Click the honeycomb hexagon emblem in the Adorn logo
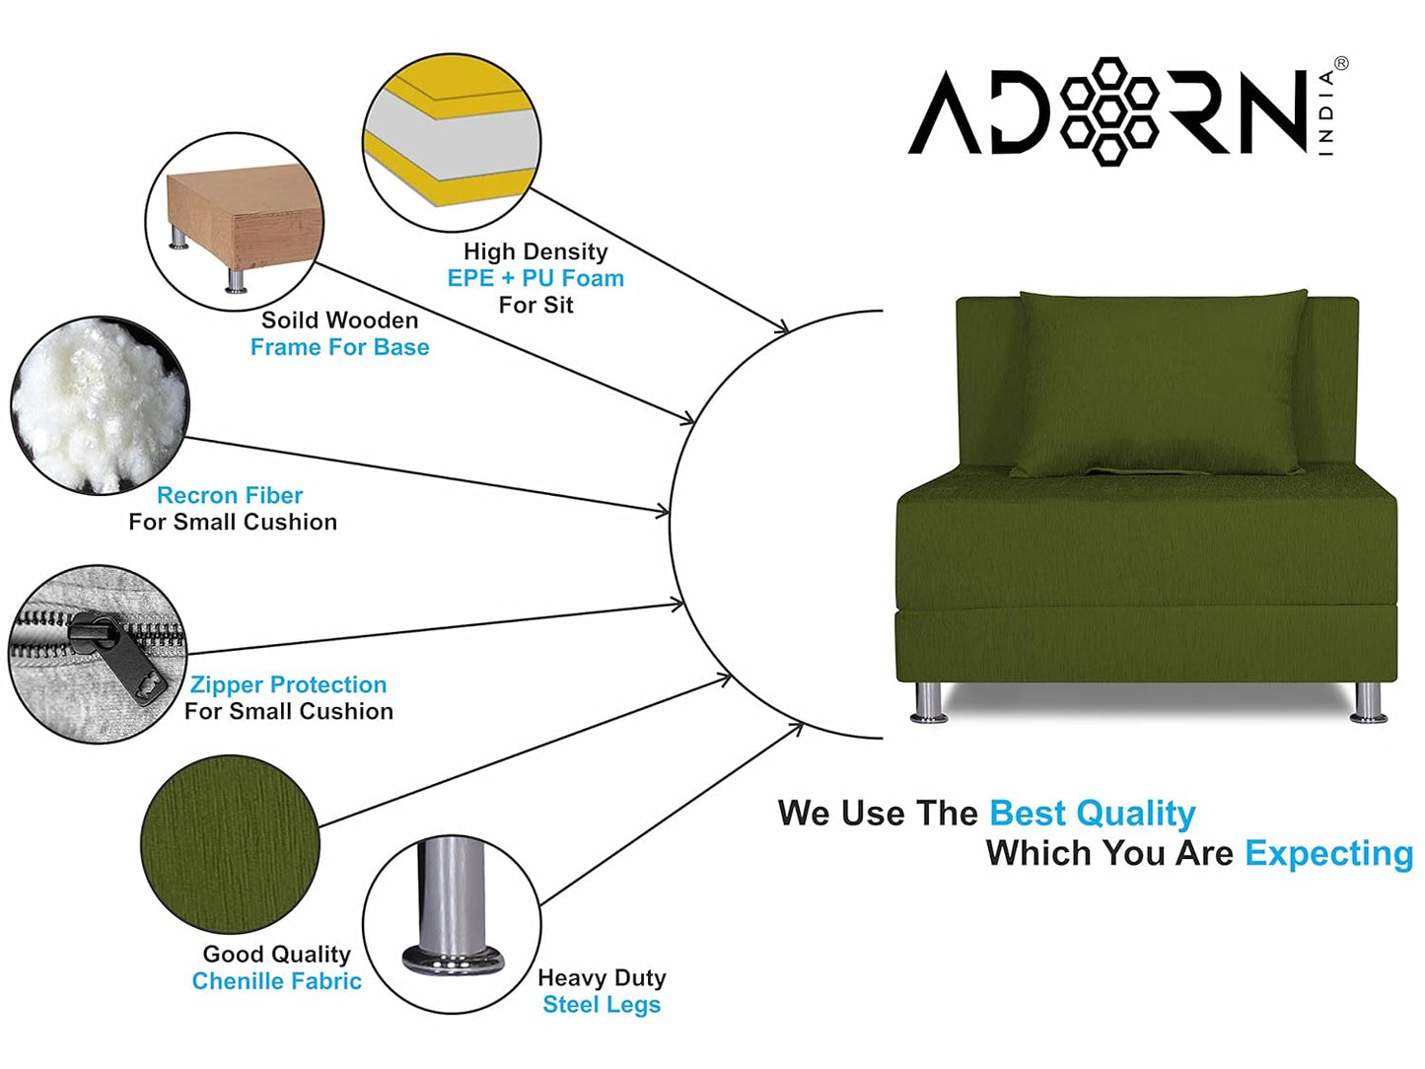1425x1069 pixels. [1109, 110]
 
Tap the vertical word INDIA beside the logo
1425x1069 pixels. [1326, 112]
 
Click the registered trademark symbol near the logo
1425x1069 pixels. [1341, 64]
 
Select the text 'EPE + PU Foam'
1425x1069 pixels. [535, 278]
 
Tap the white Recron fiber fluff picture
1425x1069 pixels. [99, 404]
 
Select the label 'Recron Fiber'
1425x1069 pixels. [230, 495]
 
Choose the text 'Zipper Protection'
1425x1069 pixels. [288, 684]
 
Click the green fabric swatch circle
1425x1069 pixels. [230, 843]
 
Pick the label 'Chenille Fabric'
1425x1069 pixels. [276, 981]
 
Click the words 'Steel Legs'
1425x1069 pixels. [602, 1005]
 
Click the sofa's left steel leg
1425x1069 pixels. [928, 702]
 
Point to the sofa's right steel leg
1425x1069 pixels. [1368, 702]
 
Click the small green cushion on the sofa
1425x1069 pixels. [1162, 385]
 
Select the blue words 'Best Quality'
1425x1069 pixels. [1092, 814]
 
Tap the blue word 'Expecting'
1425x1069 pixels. [1328, 853]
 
